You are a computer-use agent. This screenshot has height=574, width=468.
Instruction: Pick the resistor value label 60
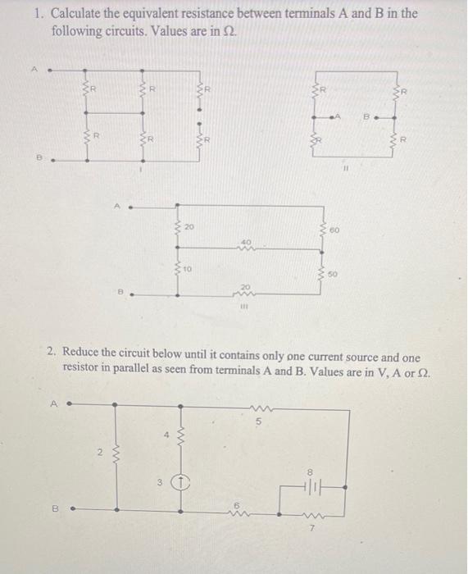click(336, 233)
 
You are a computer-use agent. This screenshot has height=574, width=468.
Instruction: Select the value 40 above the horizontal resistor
click(246, 241)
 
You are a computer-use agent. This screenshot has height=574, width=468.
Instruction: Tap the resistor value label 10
click(187, 268)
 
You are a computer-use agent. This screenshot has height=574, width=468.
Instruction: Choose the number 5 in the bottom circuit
click(257, 423)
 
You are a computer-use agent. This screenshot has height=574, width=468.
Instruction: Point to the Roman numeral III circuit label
click(243, 309)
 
